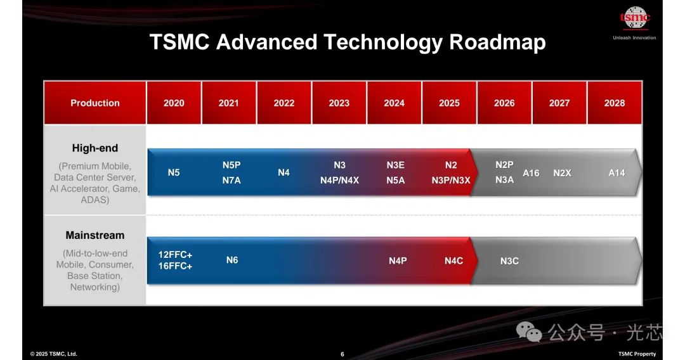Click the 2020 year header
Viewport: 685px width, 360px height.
tap(174, 103)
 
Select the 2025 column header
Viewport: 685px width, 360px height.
tap(449, 103)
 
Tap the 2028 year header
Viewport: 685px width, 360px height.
tap(614, 103)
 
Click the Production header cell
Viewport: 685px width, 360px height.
tap(95, 103)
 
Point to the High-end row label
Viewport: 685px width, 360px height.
tap(95, 148)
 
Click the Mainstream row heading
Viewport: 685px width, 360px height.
tap(95, 235)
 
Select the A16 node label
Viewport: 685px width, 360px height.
tap(531, 173)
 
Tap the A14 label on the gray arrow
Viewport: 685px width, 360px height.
tap(616, 173)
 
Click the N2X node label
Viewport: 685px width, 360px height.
tap(562, 173)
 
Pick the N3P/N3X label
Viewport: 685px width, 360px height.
tap(451, 180)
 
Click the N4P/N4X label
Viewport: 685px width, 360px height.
tap(339, 180)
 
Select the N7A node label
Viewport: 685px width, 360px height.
tap(231, 180)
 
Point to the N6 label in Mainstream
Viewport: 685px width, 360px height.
tap(232, 260)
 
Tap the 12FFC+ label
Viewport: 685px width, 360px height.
tap(175, 254)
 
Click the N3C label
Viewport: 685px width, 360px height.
tap(509, 261)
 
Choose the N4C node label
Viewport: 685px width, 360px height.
tap(453, 261)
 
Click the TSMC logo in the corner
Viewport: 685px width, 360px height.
tap(635, 18)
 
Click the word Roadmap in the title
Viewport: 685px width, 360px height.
tap(498, 42)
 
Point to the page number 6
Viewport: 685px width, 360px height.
tap(342, 354)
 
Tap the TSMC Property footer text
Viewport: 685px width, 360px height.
tap(637, 354)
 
